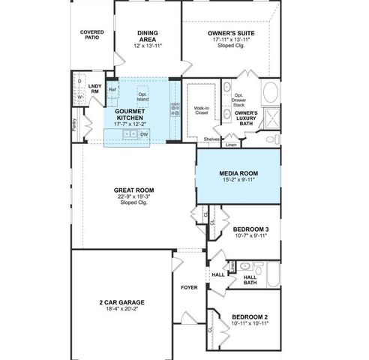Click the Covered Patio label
(x=92, y=35)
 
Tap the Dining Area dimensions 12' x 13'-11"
(x=148, y=46)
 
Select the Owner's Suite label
(x=231, y=33)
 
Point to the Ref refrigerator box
(x=112, y=89)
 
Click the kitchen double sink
(x=128, y=133)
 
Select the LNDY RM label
(x=94, y=89)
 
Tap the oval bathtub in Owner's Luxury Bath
(x=269, y=94)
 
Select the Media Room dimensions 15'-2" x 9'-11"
(x=238, y=180)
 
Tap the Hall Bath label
(x=250, y=280)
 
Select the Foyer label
(x=189, y=287)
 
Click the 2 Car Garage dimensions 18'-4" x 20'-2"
(x=121, y=307)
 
